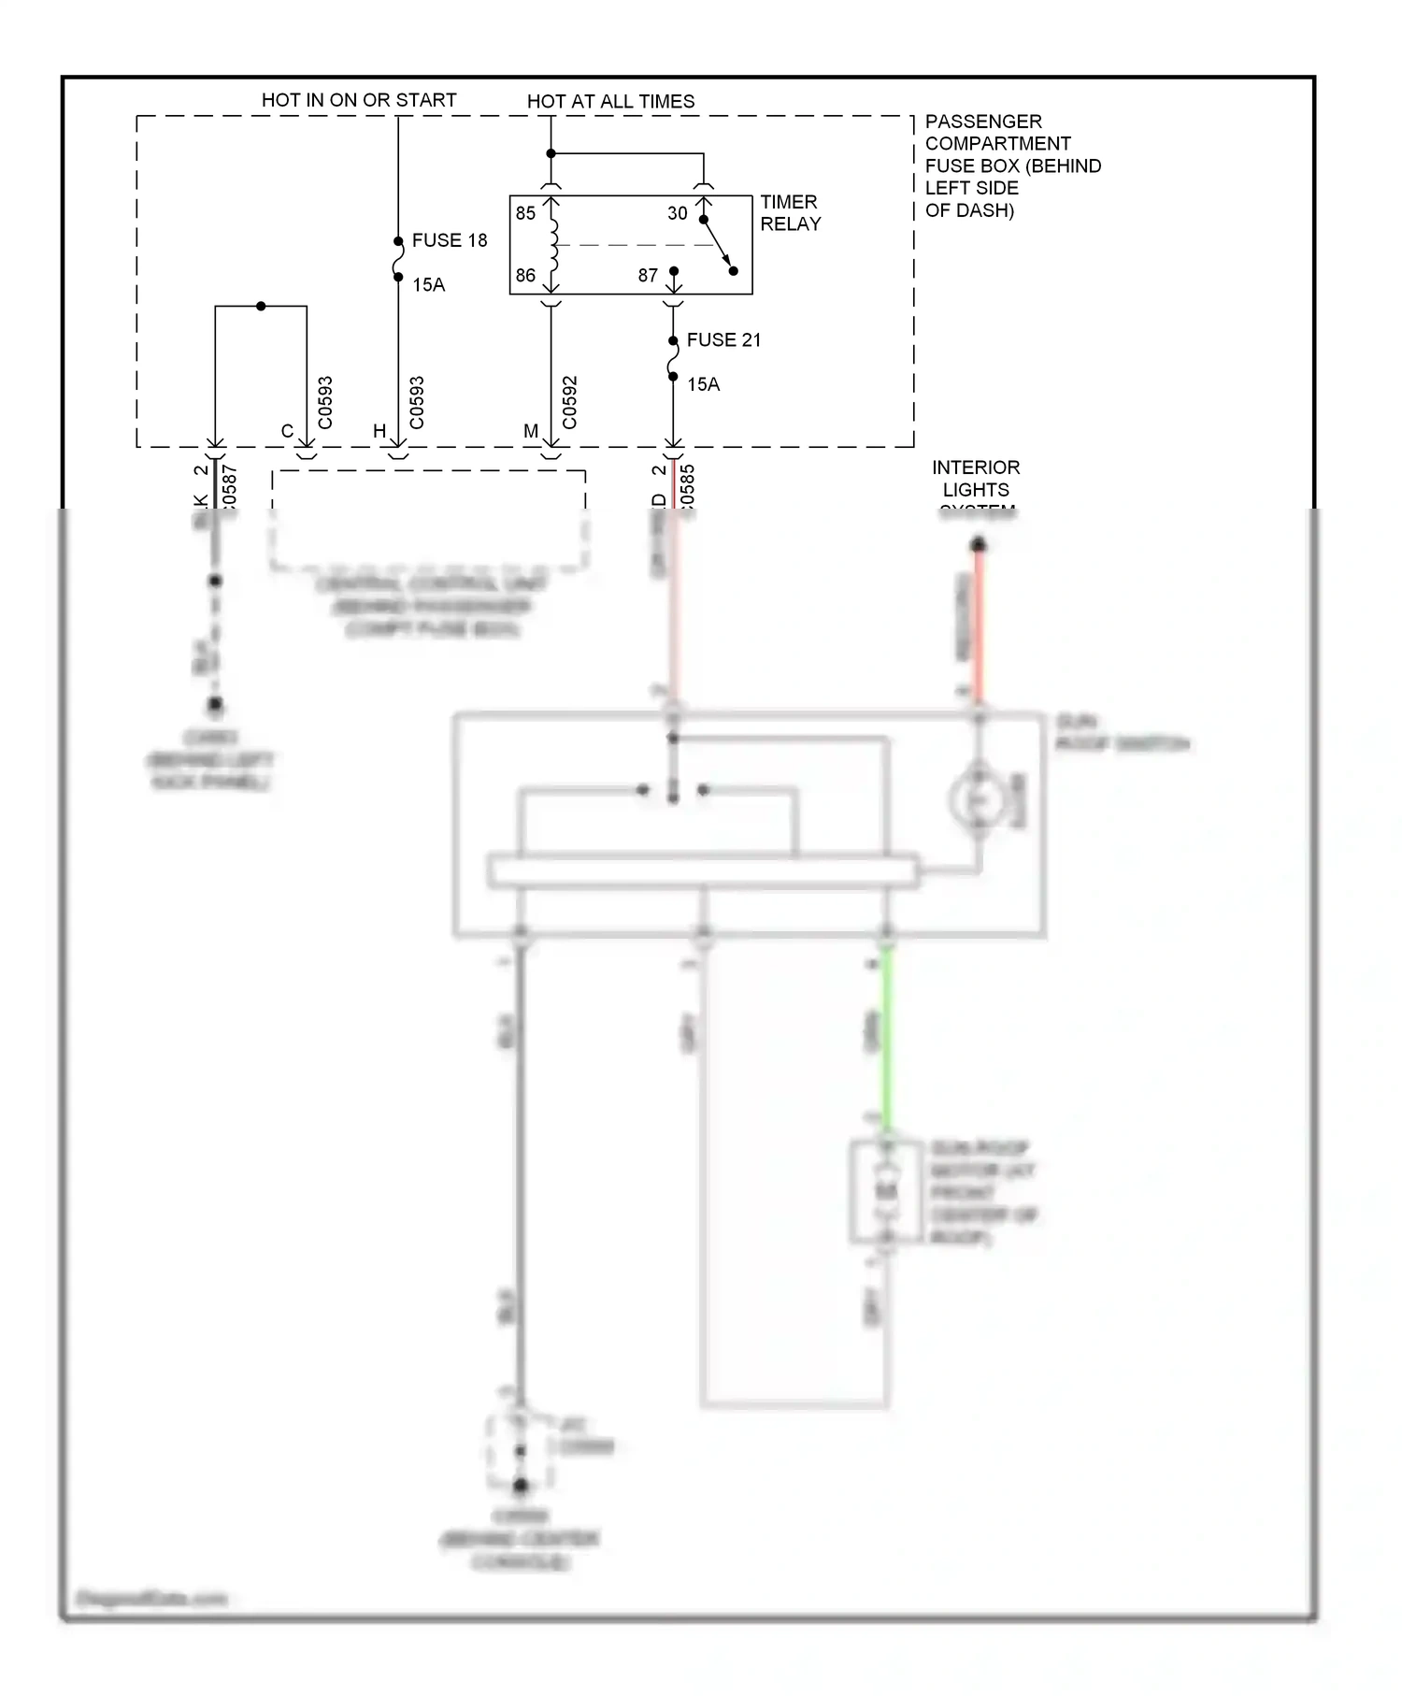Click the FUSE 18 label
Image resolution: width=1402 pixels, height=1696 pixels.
(x=449, y=240)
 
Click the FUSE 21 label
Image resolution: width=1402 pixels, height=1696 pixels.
(x=723, y=340)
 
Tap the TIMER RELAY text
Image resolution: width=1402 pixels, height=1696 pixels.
(x=790, y=213)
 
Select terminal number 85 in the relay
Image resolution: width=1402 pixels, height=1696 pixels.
(x=525, y=213)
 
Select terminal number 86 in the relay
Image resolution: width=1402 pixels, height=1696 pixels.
(x=525, y=276)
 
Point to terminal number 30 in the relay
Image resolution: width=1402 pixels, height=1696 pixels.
(x=677, y=213)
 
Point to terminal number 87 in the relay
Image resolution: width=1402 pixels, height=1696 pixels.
(x=648, y=276)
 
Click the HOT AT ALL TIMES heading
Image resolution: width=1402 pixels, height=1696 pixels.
(x=610, y=101)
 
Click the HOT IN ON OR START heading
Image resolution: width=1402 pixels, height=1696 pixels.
(x=359, y=100)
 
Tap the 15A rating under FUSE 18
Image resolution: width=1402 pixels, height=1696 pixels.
(x=428, y=285)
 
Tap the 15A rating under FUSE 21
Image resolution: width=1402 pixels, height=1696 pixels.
(x=703, y=384)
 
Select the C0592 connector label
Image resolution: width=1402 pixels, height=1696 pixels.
(x=570, y=403)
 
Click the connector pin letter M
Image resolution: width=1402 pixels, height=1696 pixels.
(x=531, y=431)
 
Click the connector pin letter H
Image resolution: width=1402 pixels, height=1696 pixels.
(x=379, y=431)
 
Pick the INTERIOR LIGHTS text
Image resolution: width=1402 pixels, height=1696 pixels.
(x=975, y=479)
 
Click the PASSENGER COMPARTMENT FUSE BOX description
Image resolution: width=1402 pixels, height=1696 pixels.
(x=1012, y=165)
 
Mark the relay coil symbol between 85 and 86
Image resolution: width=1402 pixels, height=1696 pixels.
(x=553, y=245)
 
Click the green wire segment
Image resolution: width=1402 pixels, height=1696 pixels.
(x=886, y=1038)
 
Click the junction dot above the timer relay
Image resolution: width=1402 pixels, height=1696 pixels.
(x=551, y=153)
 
